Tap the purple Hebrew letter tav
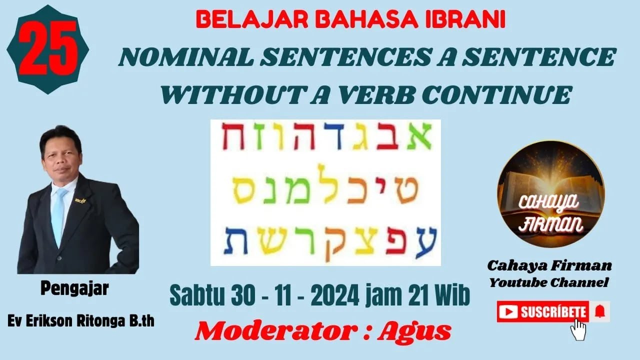tap(233, 241)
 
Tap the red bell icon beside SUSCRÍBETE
tap(599, 312)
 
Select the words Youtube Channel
tap(548, 283)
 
